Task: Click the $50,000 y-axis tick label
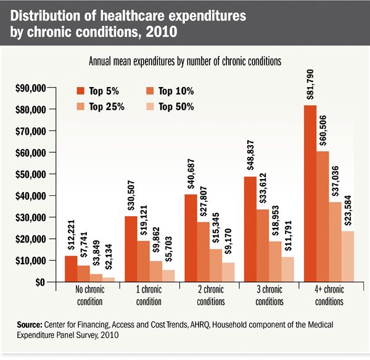point(30,174)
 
